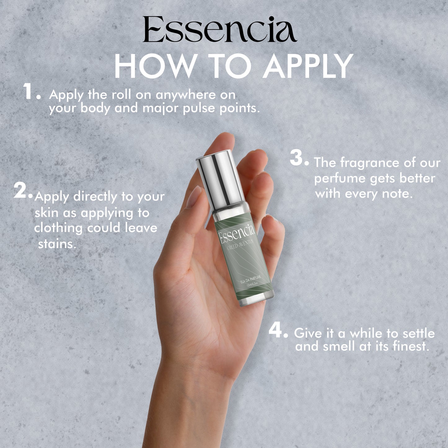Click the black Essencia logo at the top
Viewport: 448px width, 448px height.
220,29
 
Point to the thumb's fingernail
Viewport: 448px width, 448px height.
193,197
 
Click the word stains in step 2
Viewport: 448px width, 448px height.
57,244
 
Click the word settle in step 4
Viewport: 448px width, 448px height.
419,334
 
